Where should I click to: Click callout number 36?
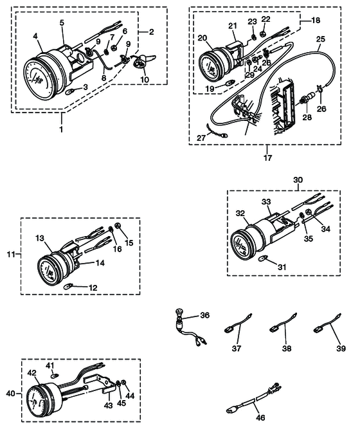click(x=204, y=315)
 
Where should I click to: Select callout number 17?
click(x=267, y=156)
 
